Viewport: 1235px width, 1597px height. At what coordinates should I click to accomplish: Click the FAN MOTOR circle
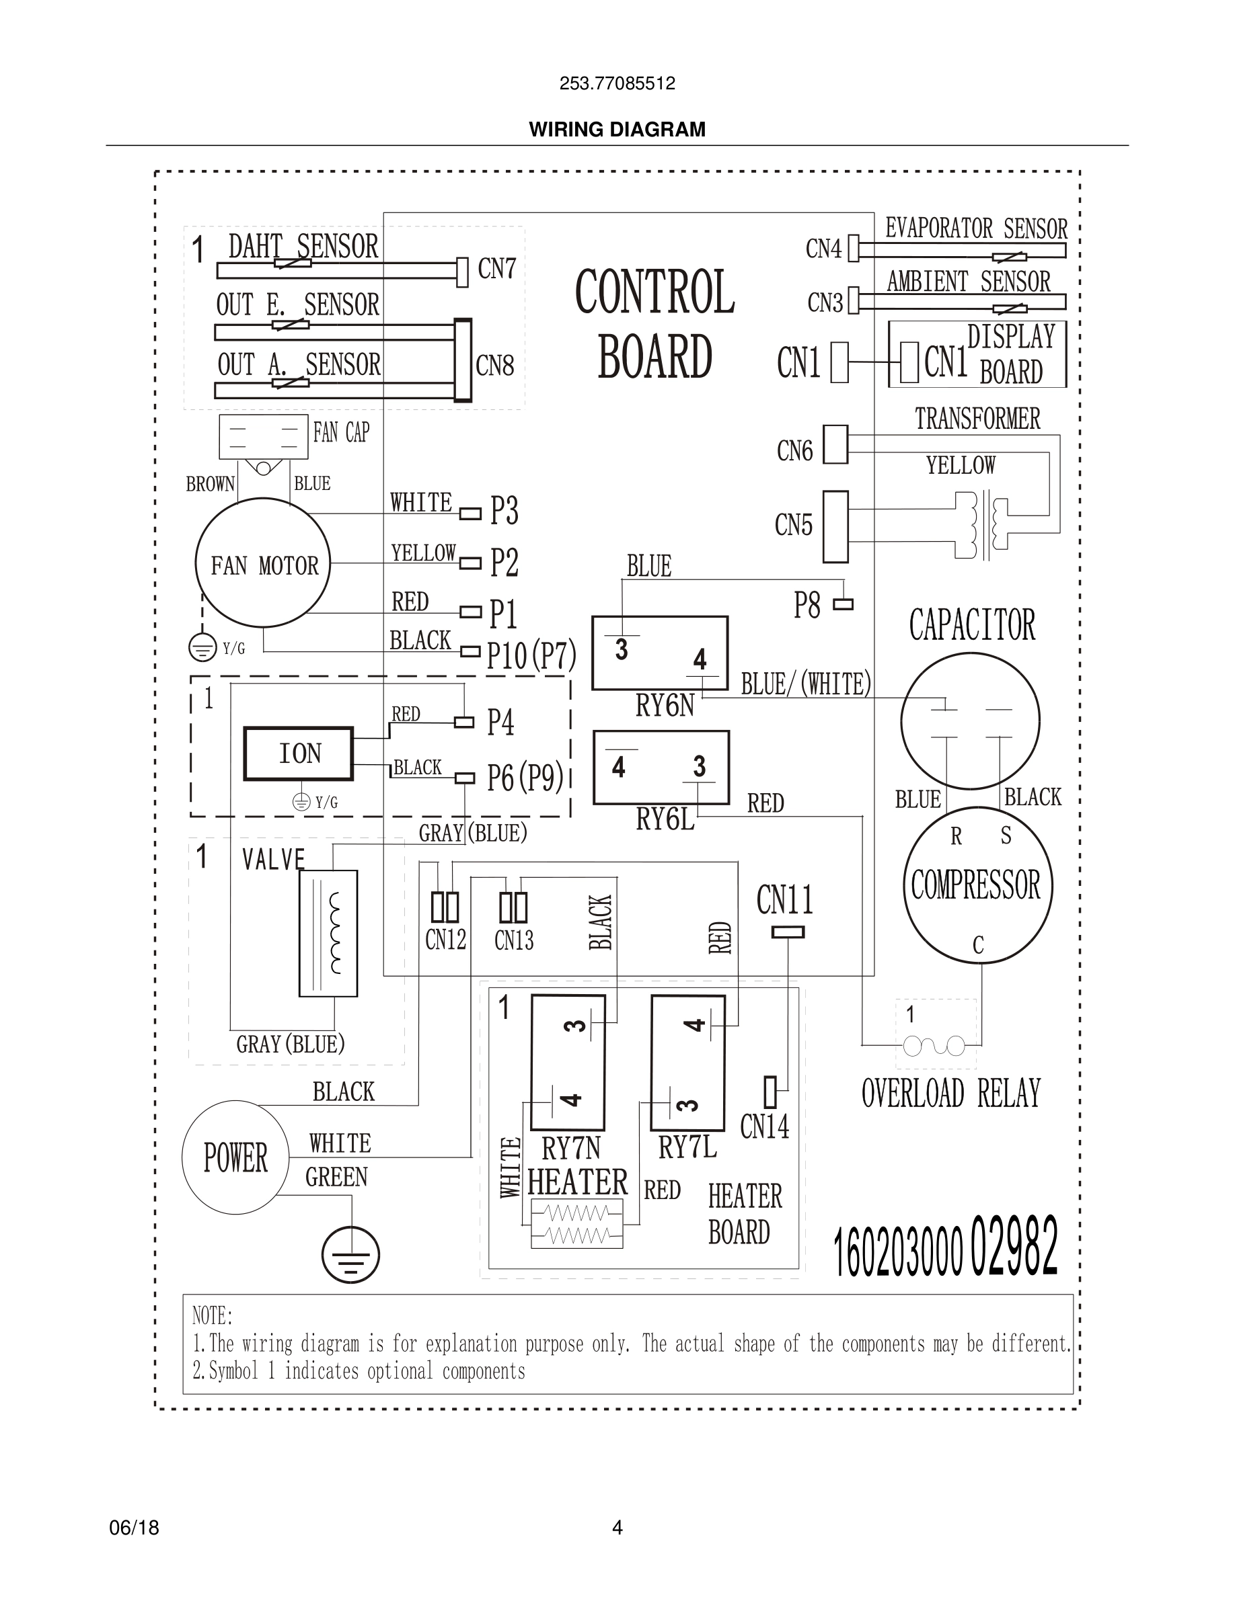click(262, 563)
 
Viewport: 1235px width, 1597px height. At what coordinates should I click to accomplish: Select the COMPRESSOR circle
click(977, 885)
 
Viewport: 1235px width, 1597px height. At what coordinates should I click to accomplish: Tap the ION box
click(299, 754)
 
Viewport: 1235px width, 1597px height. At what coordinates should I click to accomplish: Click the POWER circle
click(235, 1157)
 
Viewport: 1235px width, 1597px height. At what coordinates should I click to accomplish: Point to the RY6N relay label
click(665, 706)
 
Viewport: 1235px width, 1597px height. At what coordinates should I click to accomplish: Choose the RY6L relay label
click(665, 820)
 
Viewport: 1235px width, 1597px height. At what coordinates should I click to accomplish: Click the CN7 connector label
click(497, 269)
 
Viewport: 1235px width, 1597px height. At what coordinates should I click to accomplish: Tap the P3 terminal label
click(504, 510)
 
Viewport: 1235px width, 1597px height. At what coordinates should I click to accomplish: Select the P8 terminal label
click(807, 606)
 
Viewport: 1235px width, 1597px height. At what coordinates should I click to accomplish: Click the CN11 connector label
click(784, 900)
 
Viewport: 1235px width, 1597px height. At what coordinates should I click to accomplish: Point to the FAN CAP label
click(341, 432)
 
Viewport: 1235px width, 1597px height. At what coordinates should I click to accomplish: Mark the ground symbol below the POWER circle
click(350, 1255)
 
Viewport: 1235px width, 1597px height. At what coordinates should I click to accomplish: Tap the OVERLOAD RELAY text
click(950, 1094)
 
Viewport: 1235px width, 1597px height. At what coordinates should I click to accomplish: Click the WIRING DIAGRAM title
click(617, 130)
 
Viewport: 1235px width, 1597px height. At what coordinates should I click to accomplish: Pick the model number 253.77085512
click(617, 83)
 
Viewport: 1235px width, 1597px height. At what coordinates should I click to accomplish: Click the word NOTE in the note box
click(211, 1316)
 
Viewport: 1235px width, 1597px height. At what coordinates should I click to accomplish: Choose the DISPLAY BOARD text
click(1011, 355)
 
